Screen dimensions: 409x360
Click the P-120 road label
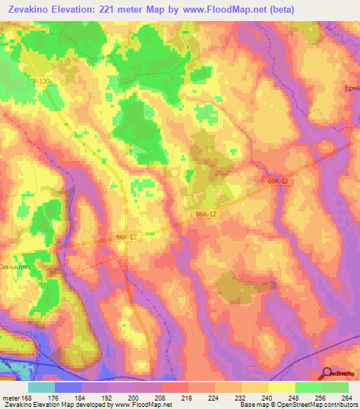(40, 82)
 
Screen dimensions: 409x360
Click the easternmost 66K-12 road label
(278, 181)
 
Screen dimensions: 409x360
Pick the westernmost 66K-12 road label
(126, 238)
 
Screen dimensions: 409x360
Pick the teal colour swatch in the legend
(41, 387)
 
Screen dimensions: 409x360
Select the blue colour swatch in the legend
(68, 387)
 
